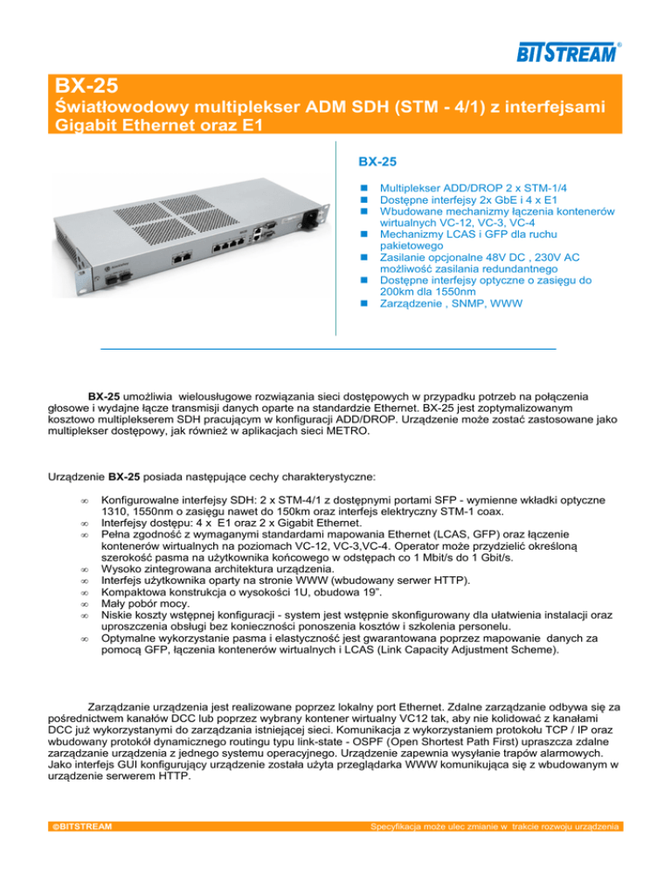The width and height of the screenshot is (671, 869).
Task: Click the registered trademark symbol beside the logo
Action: pos(619,43)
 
